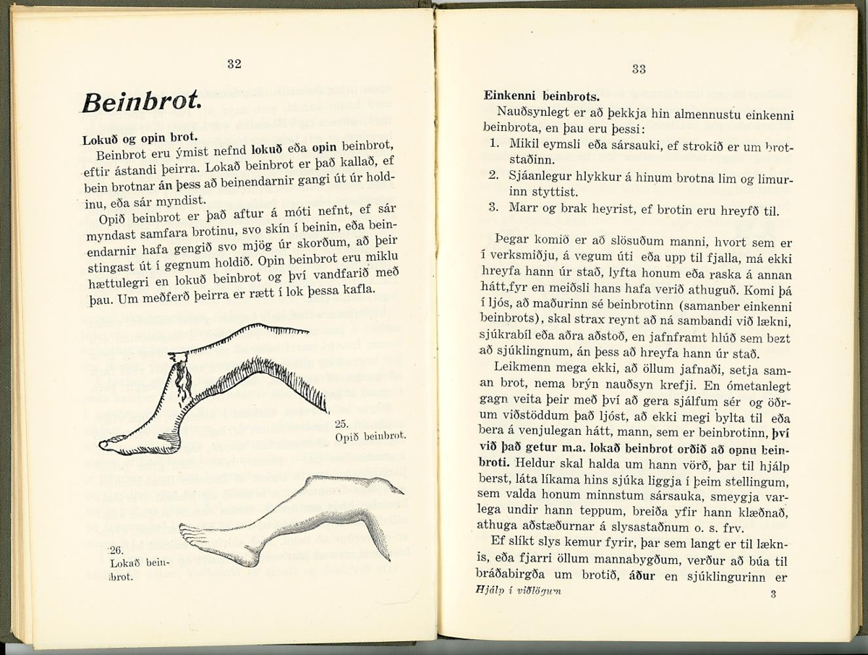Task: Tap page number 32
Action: tap(234, 64)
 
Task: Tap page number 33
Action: tap(638, 69)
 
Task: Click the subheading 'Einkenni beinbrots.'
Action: tap(541, 95)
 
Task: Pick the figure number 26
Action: tap(115, 550)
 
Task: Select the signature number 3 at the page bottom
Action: tap(773, 594)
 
